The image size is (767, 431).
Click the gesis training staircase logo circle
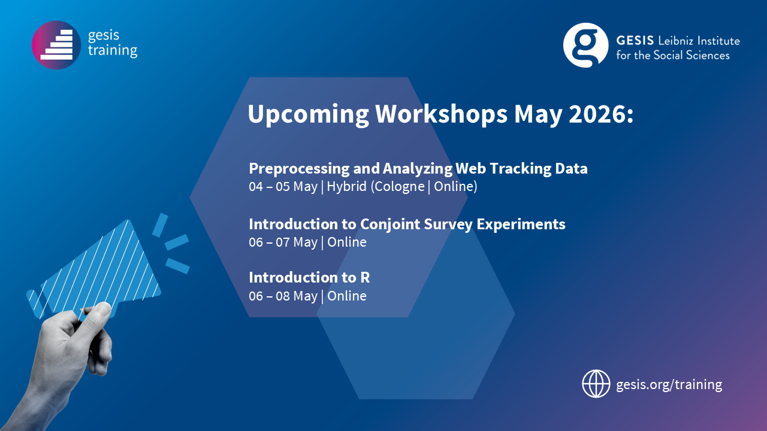56,45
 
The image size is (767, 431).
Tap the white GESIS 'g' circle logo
586,45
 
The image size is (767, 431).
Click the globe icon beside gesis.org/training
596,384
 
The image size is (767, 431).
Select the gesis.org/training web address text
669,385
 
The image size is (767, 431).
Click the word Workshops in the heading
441,114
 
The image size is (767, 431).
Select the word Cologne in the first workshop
399,187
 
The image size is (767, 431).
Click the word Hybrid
346,186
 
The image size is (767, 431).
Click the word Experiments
521,224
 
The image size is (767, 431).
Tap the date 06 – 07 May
283,242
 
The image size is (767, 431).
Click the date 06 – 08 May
283,296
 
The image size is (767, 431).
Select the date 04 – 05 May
283,187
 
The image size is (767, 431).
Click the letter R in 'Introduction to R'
365,277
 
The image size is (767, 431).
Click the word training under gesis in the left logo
113,50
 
